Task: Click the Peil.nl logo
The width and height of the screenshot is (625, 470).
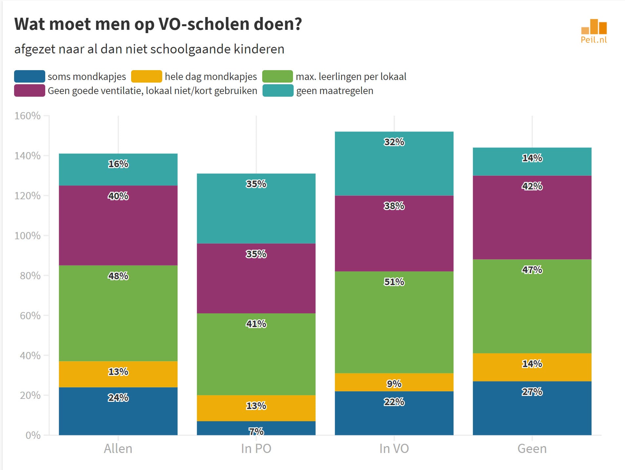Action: [x=594, y=31]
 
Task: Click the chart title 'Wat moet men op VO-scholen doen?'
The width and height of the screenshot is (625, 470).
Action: [x=158, y=24]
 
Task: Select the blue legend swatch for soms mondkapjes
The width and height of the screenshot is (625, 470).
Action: [x=29, y=76]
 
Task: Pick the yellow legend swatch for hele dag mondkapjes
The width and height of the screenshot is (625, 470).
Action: [x=146, y=76]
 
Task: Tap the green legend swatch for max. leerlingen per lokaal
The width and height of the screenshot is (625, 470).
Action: [x=277, y=76]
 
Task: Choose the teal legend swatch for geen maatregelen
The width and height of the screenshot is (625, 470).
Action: [x=278, y=91]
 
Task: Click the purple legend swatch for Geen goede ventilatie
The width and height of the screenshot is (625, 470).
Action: [x=29, y=91]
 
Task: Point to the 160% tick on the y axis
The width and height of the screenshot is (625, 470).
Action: [x=28, y=116]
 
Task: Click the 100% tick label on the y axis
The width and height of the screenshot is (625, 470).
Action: [x=28, y=236]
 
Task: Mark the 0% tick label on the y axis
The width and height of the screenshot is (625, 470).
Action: [x=33, y=435]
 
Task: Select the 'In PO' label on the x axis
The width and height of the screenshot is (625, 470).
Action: [x=256, y=449]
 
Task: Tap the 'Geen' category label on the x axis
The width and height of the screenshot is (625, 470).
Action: [x=532, y=449]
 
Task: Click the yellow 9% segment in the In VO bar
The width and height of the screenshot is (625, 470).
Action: [x=394, y=382]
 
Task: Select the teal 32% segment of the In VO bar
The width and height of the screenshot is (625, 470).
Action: [x=394, y=164]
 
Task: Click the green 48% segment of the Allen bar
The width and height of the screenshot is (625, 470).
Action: [x=118, y=313]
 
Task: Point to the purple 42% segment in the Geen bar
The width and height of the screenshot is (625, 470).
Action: [x=532, y=217]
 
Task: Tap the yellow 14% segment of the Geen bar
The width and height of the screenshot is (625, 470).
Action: [x=532, y=367]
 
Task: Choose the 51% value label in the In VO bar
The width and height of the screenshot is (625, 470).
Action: [x=394, y=282]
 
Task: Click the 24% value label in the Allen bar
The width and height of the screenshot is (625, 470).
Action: [x=118, y=398]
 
